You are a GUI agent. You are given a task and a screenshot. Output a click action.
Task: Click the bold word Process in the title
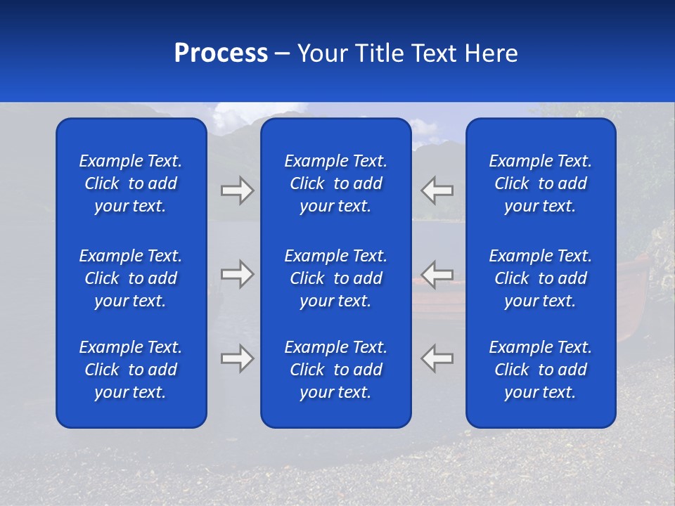221,53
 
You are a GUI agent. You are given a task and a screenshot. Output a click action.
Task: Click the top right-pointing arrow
237,190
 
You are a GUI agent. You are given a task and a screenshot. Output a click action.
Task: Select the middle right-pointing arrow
237,273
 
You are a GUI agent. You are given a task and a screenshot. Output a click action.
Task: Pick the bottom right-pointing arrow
237,358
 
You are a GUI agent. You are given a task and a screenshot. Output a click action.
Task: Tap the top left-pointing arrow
437,190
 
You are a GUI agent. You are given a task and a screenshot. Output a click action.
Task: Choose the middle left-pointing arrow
437,273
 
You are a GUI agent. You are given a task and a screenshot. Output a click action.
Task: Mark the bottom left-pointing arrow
437,358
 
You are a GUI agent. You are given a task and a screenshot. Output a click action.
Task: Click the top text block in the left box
131,183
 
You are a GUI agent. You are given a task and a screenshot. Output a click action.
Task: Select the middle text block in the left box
131,278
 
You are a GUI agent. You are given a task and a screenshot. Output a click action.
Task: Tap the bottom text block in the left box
131,370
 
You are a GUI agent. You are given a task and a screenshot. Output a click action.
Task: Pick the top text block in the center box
335,183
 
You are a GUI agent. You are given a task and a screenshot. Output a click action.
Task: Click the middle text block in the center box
335,278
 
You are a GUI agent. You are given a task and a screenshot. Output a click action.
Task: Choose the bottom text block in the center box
335,370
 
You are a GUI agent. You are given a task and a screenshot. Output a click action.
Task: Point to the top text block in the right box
540,183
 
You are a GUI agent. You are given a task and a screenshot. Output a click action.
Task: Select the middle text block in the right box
540,278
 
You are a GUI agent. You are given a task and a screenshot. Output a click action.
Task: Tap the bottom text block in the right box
540,370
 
